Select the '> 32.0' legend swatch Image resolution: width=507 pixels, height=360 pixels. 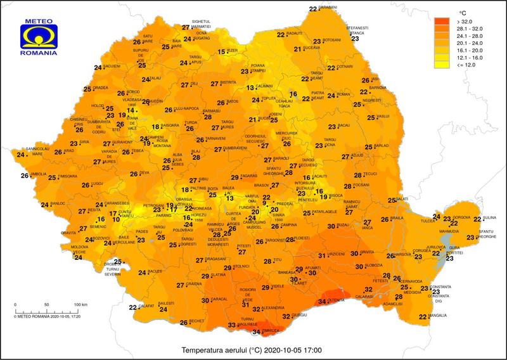442,22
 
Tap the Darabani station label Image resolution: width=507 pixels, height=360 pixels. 328,7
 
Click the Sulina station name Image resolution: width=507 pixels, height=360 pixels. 489,217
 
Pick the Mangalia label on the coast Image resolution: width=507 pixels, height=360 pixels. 439,315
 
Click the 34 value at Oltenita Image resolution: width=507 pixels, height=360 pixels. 322,301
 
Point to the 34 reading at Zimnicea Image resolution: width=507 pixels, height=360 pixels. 257,331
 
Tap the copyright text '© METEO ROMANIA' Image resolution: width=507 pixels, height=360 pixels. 32,315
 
